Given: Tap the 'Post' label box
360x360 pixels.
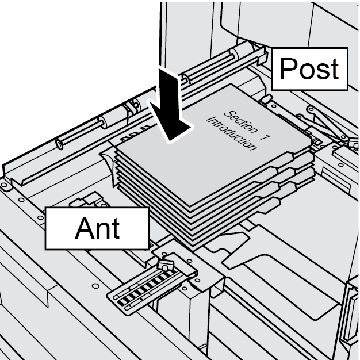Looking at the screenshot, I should coord(309,69).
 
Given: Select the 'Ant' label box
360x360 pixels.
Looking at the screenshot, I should coord(98,228).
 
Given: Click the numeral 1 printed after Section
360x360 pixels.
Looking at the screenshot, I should coord(265,136).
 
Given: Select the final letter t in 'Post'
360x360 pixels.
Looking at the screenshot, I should coord(333,70).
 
